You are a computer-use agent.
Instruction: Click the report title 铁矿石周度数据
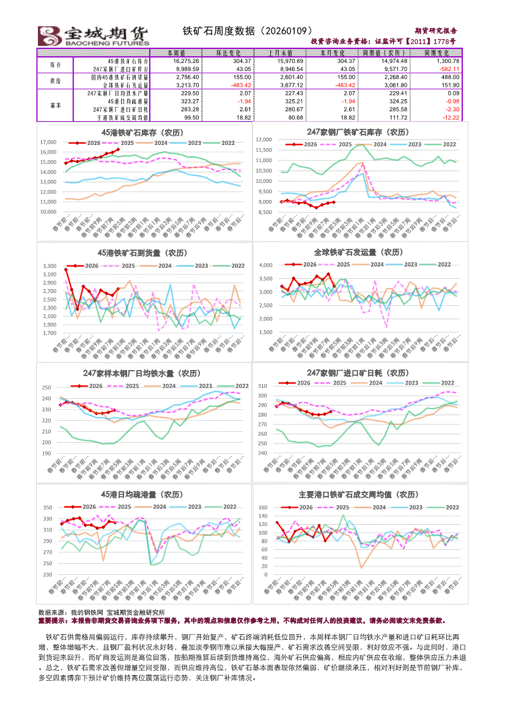coord(248,30)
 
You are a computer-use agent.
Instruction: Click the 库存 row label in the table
coord(55,65)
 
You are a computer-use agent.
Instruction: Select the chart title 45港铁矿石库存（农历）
coord(145,132)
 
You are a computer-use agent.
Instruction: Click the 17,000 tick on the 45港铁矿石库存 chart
coord(48,143)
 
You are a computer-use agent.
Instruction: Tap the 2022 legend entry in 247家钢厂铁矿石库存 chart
coord(449,144)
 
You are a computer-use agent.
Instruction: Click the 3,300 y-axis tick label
coord(50,267)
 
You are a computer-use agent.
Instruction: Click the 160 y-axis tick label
coord(264,508)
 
